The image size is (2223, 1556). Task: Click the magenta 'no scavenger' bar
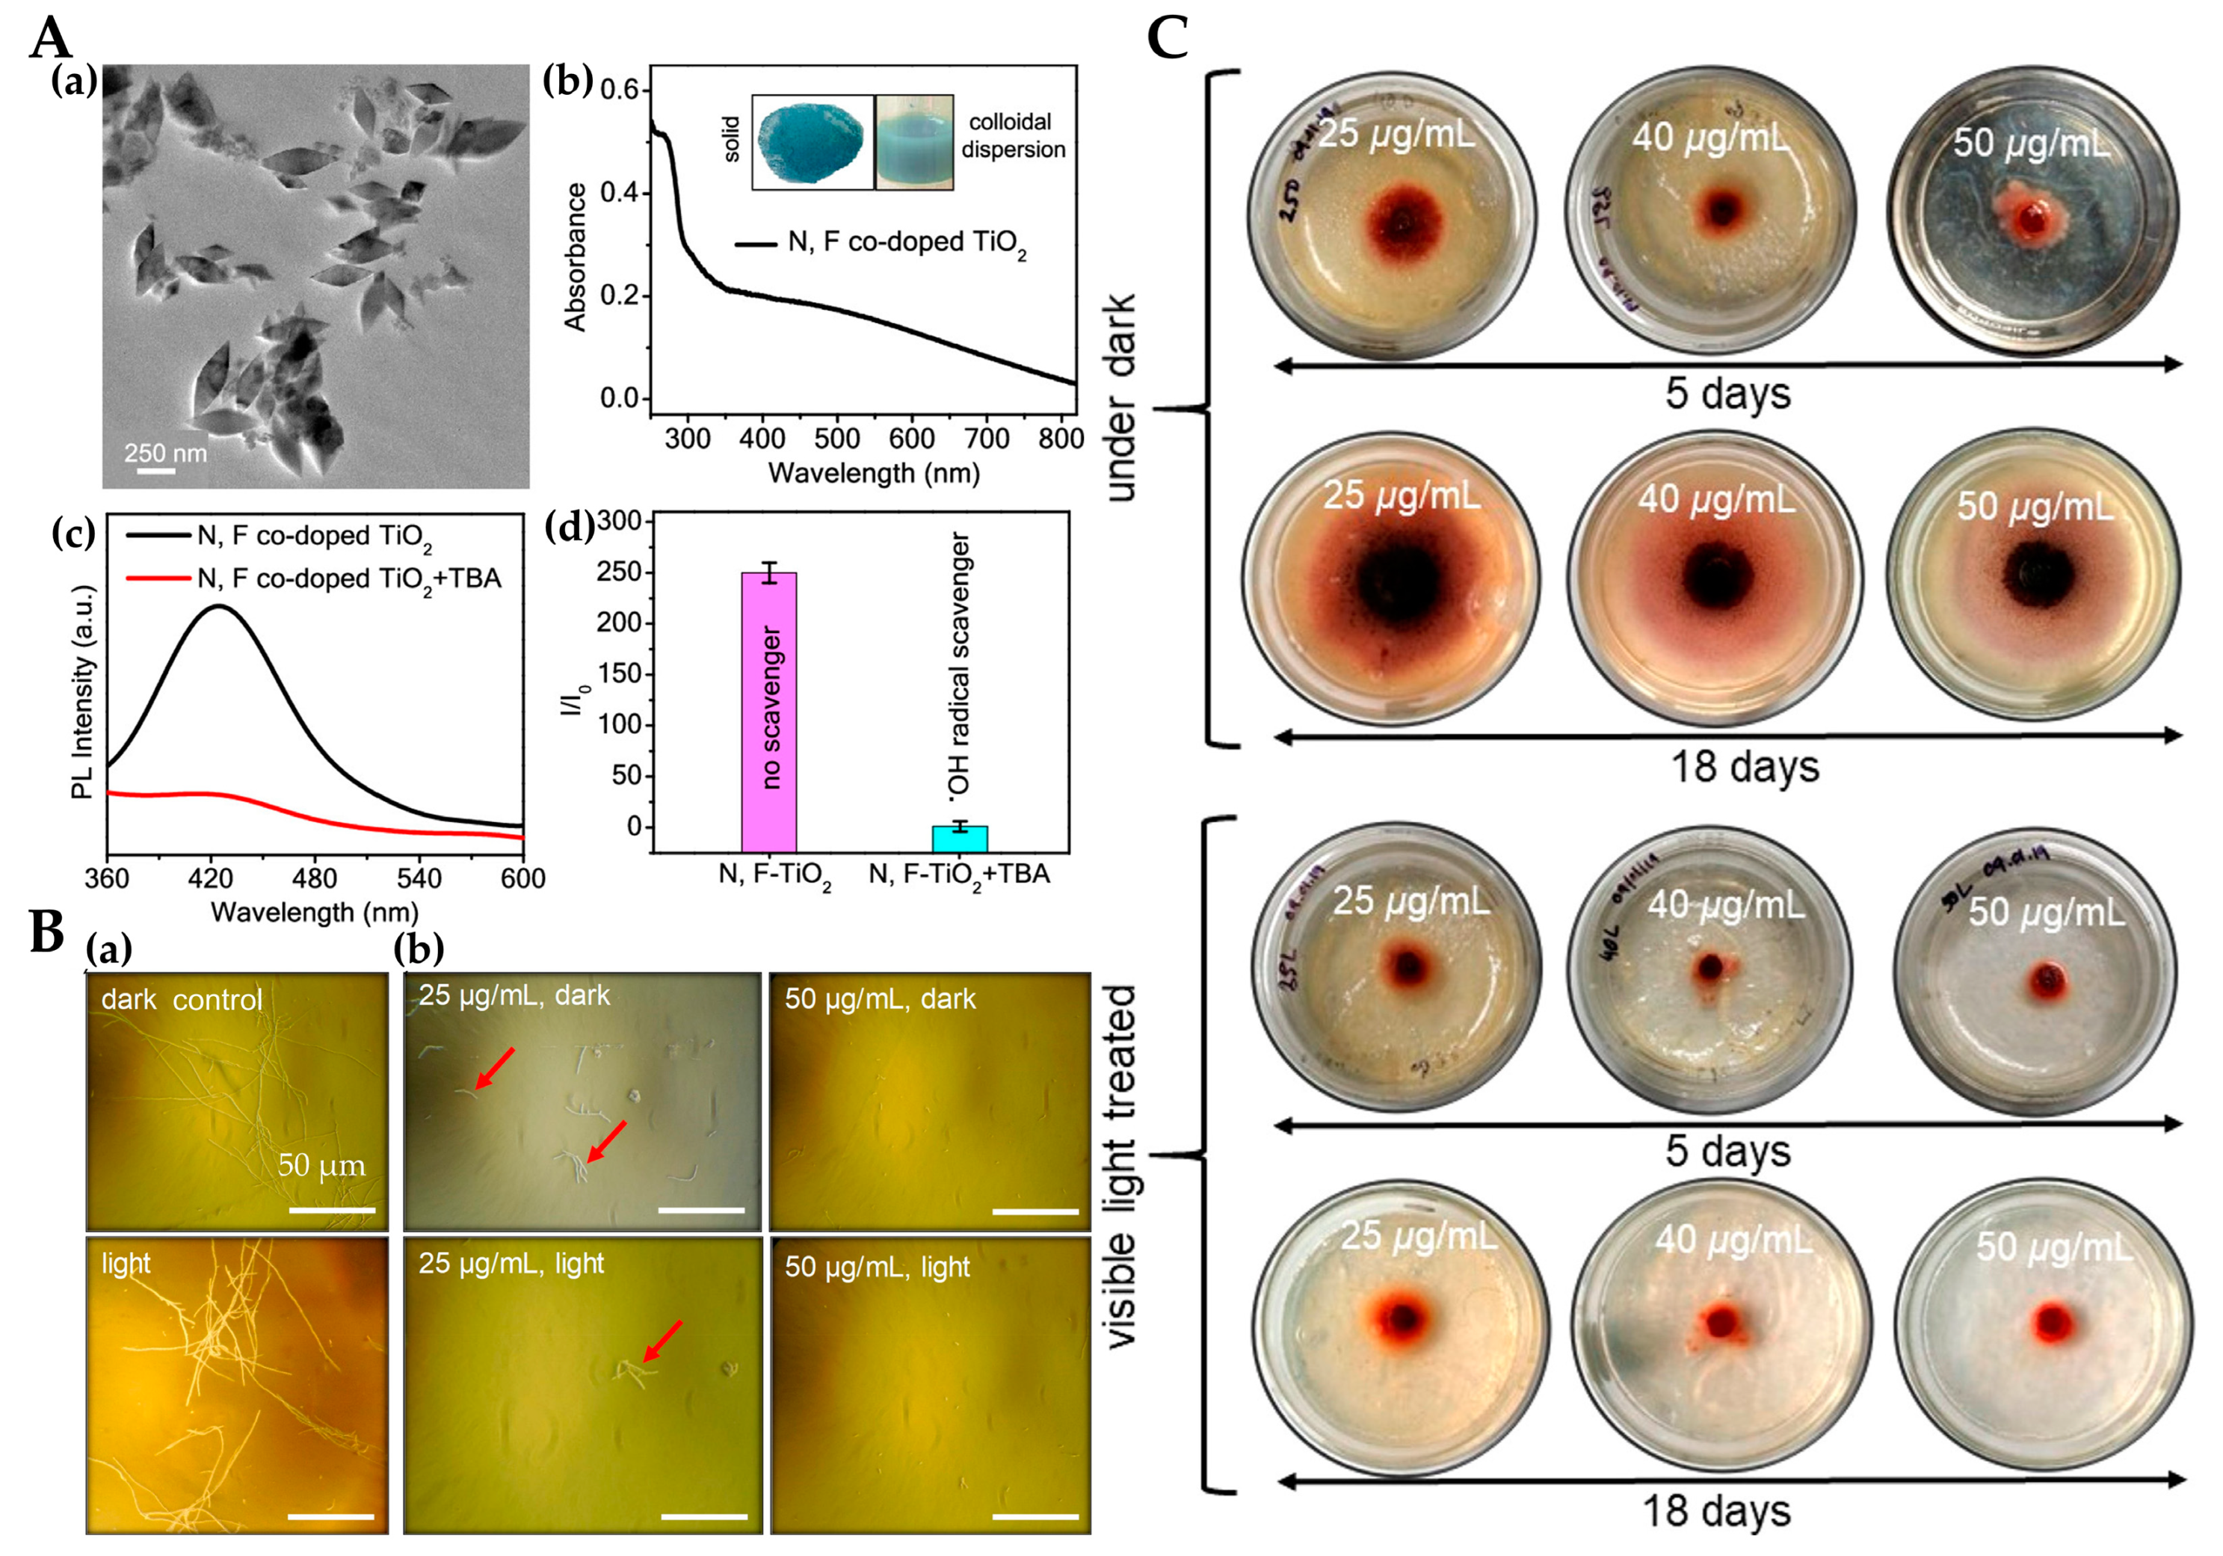(x=768, y=711)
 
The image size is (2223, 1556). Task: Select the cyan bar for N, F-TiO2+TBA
(x=960, y=838)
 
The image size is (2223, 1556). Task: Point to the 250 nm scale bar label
(x=165, y=452)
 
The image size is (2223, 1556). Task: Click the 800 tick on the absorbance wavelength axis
(x=1061, y=439)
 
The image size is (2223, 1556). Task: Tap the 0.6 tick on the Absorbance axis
(x=620, y=90)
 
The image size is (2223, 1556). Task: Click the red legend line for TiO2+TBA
(x=158, y=579)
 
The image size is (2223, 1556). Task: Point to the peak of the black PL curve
(x=220, y=607)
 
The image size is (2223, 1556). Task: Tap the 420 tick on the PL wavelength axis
(x=211, y=879)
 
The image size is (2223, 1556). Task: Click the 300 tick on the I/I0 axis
(x=620, y=522)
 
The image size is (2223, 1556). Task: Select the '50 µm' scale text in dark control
(x=321, y=1165)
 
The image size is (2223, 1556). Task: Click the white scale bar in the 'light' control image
(x=331, y=1516)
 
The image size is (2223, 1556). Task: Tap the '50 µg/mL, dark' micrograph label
(x=880, y=999)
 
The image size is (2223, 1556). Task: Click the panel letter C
(x=1168, y=39)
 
